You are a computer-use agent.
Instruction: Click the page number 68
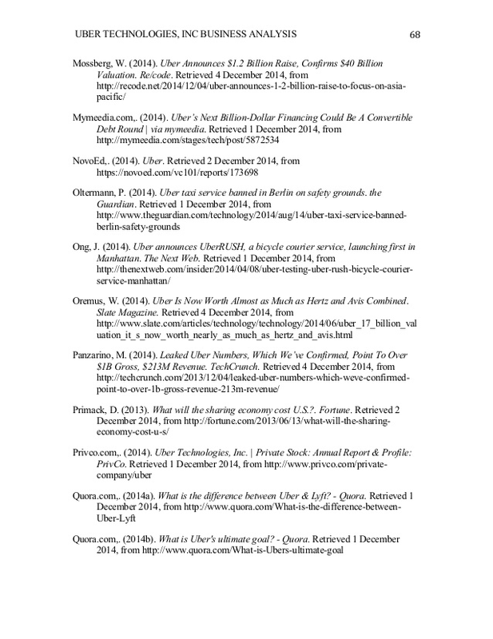point(415,34)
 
